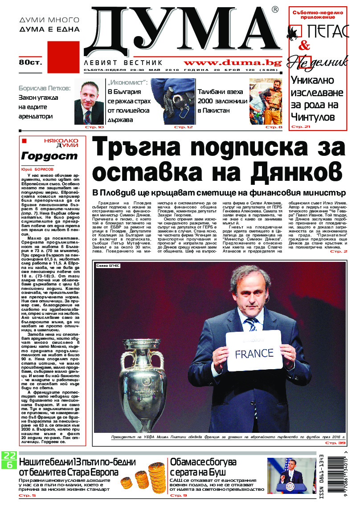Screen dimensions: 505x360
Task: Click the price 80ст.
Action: (30, 63)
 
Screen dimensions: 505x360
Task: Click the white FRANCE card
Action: (254, 352)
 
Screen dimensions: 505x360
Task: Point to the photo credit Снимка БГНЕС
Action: (108, 266)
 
